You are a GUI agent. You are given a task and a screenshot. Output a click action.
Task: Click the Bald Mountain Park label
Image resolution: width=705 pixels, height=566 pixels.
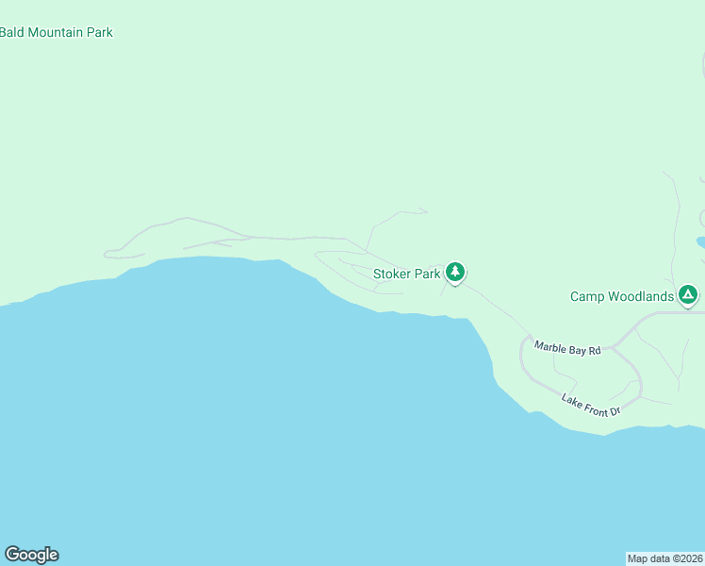click(57, 32)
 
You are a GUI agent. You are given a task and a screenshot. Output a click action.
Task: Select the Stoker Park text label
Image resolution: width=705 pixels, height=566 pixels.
click(407, 275)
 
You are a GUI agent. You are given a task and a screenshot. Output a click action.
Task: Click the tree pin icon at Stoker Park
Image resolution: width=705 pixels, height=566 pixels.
click(456, 273)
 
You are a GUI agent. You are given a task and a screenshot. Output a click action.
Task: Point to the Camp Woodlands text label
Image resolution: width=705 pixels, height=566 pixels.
click(622, 296)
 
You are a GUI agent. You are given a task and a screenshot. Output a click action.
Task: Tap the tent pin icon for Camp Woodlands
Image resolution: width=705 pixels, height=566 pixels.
click(689, 295)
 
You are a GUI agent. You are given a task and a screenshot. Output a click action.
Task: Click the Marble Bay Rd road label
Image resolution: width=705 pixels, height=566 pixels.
click(567, 348)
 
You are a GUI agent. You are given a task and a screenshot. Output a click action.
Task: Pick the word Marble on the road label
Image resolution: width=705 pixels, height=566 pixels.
click(551, 346)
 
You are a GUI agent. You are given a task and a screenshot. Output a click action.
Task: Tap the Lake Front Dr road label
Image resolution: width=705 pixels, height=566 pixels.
click(591, 405)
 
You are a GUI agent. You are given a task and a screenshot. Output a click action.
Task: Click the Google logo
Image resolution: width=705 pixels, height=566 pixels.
click(31, 555)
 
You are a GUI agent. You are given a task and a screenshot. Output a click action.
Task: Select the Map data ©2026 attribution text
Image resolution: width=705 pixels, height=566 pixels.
click(665, 558)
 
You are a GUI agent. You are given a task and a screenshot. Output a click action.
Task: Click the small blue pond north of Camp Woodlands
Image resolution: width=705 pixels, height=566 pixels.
click(700, 242)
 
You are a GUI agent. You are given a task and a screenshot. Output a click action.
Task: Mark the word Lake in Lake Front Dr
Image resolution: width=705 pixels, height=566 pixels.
click(572, 399)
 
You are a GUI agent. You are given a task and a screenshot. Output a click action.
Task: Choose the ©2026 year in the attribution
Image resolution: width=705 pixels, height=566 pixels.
click(685, 558)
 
